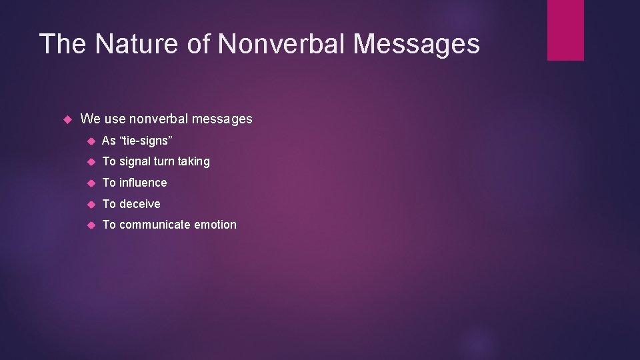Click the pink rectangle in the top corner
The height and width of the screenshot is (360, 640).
click(x=565, y=30)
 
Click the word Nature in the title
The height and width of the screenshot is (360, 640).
click(x=151, y=44)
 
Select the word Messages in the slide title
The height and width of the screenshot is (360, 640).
click(x=416, y=44)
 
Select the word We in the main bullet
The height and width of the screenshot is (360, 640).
click(x=90, y=119)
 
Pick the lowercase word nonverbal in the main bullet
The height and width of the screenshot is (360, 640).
click(x=159, y=119)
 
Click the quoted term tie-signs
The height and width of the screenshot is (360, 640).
click(x=146, y=141)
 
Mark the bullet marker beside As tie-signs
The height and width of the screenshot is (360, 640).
click(x=91, y=141)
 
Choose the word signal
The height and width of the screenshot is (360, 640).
click(x=136, y=161)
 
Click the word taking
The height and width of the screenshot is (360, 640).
click(x=193, y=161)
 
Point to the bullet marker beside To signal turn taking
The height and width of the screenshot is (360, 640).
click(x=91, y=161)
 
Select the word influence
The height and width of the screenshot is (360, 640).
click(x=143, y=183)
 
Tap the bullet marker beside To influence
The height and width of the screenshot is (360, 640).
click(x=91, y=183)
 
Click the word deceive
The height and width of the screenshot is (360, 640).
click(x=140, y=204)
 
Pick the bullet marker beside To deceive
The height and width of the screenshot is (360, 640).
click(x=91, y=204)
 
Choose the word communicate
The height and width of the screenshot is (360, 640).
click(x=155, y=225)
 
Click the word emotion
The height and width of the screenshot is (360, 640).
click(x=215, y=225)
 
